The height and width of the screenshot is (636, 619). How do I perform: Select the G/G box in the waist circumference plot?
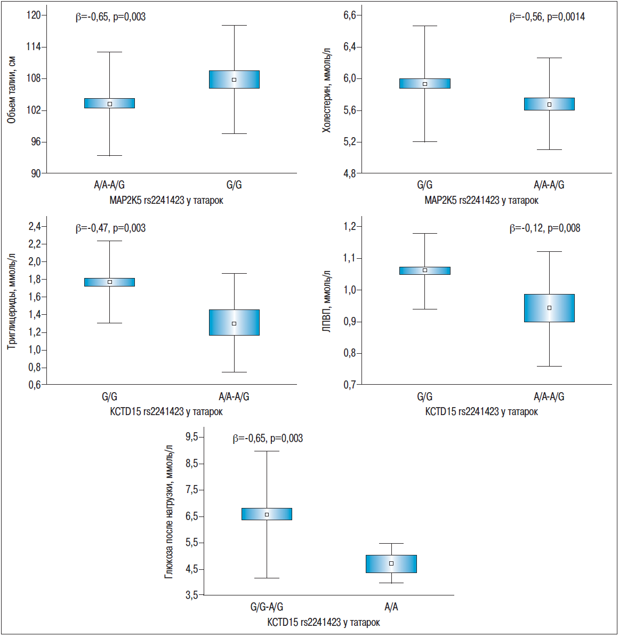(x=234, y=79)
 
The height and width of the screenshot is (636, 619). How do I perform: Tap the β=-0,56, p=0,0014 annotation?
(x=547, y=17)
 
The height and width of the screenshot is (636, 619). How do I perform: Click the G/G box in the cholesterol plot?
(x=425, y=83)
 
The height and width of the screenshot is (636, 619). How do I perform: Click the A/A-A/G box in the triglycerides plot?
(x=234, y=322)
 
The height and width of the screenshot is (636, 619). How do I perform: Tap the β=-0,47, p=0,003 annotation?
(x=110, y=228)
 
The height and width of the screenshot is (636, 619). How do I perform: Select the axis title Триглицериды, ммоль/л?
(x=11, y=301)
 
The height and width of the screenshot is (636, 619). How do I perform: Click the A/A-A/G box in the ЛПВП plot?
(x=549, y=308)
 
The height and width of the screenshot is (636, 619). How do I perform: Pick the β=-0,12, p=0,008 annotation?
(x=545, y=228)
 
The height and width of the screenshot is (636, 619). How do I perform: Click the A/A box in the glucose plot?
(x=391, y=564)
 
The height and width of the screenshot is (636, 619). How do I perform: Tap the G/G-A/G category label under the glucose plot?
(x=267, y=607)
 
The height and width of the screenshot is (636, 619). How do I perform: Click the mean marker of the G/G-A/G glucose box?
(x=267, y=514)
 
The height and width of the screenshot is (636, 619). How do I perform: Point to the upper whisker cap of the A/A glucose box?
(x=391, y=543)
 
